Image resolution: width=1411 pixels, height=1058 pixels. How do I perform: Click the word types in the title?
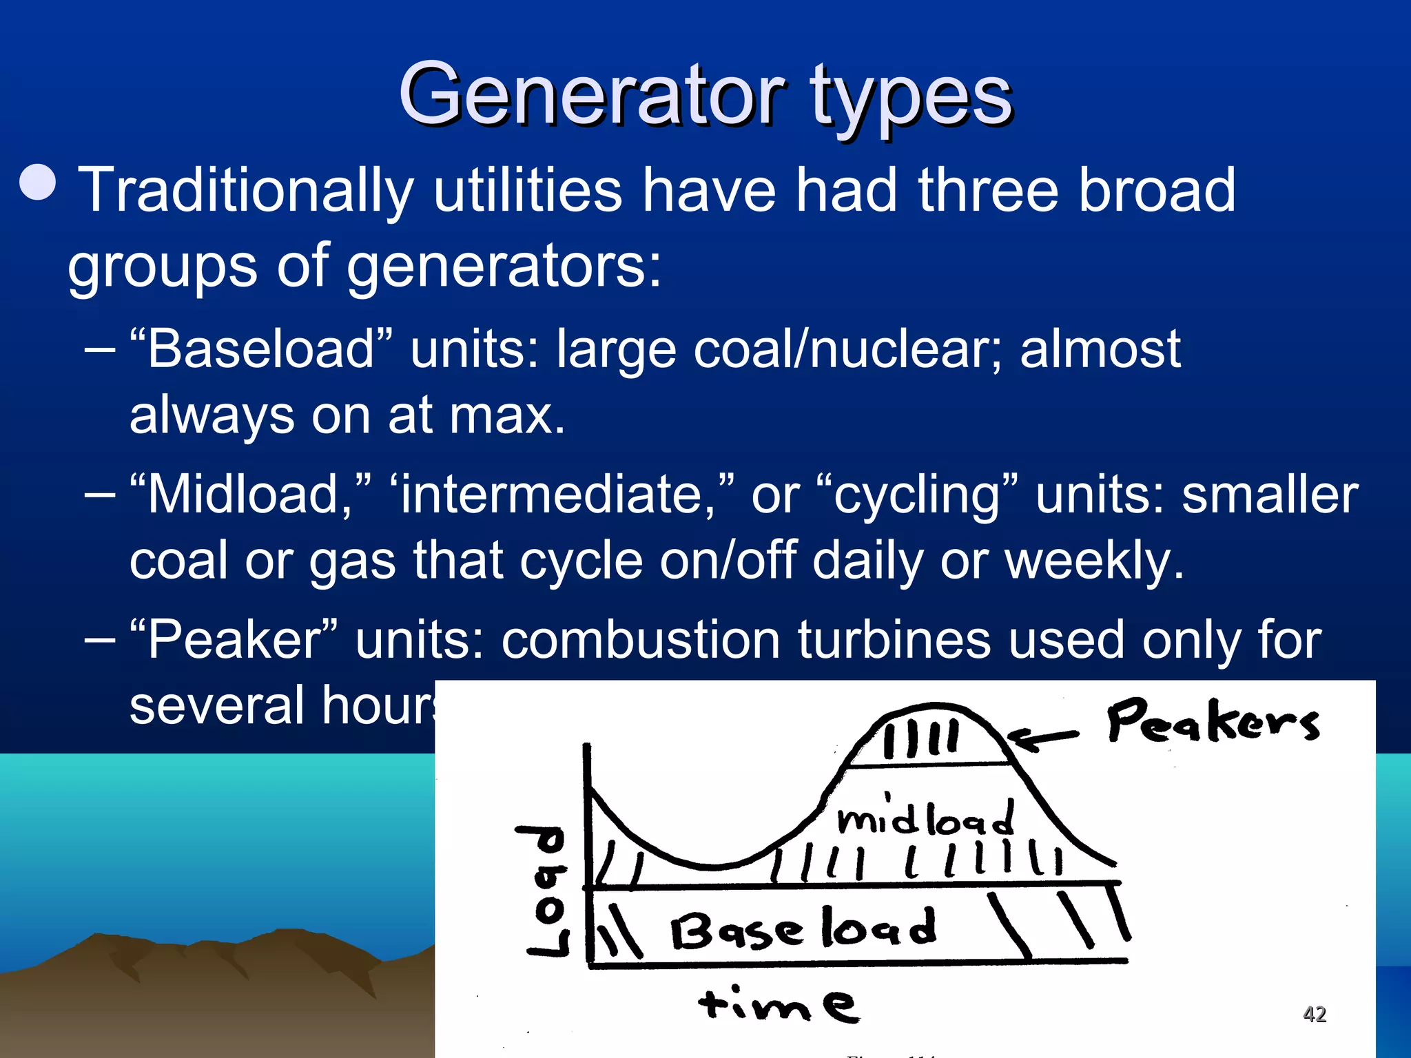909,100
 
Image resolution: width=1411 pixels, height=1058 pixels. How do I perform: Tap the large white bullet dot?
38,182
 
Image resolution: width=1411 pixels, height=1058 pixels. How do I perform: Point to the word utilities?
528,190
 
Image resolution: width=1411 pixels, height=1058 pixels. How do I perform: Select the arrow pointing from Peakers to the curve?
1044,739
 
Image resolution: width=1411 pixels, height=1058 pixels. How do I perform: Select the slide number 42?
1315,1014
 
